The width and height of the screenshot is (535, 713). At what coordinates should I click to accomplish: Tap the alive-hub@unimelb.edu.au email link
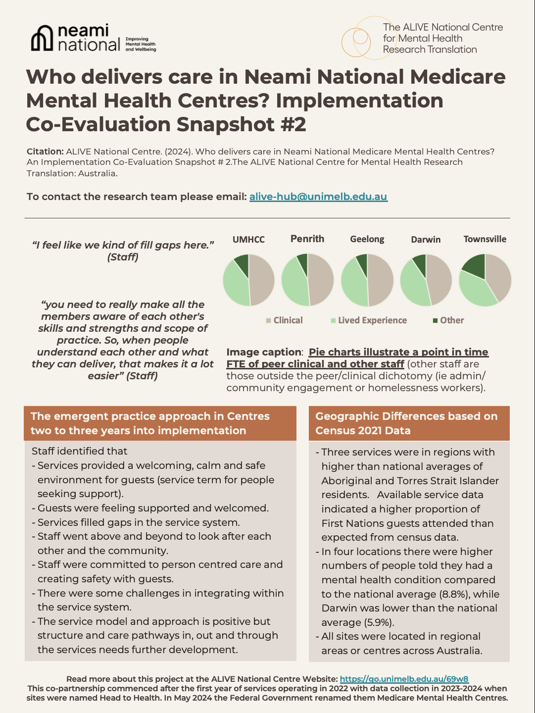tap(318, 197)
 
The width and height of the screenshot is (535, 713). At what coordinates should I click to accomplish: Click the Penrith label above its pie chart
tap(307, 239)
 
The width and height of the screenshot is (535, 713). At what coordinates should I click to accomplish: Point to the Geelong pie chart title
tap(367, 239)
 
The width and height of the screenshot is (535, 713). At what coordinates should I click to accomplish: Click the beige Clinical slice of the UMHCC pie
tap(261, 280)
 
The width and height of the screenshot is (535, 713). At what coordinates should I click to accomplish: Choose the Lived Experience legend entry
tap(372, 320)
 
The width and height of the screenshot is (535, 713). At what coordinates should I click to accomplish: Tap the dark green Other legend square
tap(436, 320)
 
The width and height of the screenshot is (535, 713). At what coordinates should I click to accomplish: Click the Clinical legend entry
tap(288, 320)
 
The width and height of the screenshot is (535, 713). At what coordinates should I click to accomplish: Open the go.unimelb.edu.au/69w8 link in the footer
tap(404, 679)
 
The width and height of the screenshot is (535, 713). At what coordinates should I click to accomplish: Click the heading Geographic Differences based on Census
tap(406, 423)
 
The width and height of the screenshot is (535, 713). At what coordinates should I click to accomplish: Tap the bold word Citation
tap(45, 152)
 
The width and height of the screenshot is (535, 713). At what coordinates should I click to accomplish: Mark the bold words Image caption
tap(264, 353)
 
